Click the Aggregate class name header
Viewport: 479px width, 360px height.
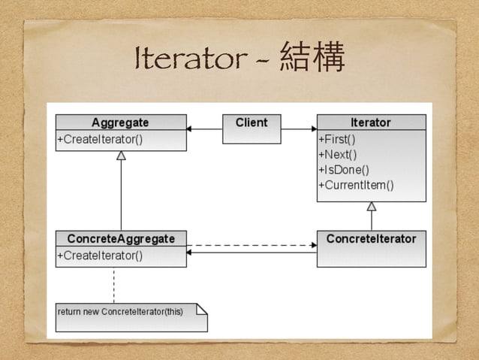[x=120, y=123]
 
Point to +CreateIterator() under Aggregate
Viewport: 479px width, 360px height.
[x=99, y=139]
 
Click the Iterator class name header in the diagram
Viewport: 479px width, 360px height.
[x=371, y=123]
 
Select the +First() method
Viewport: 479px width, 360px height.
[x=337, y=139]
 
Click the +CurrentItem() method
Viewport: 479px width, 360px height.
[x=357, y=185]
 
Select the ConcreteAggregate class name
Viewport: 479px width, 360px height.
[x=121, y=239]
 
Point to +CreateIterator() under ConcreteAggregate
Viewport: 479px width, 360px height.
[x=99, y=256]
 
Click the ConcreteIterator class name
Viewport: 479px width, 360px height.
[x=371, y=239]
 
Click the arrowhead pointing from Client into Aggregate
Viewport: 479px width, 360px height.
[x=191, y=129]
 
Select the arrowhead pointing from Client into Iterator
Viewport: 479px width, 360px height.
[x=312, y=129]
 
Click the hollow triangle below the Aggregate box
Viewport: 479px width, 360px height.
[x=121, y=156]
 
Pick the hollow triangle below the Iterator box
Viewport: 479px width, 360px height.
[x=371, y=206]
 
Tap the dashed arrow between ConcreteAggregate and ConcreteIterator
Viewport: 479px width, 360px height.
[x=252, y=245]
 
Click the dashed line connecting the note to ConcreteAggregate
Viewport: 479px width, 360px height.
[x=114, y=284]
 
